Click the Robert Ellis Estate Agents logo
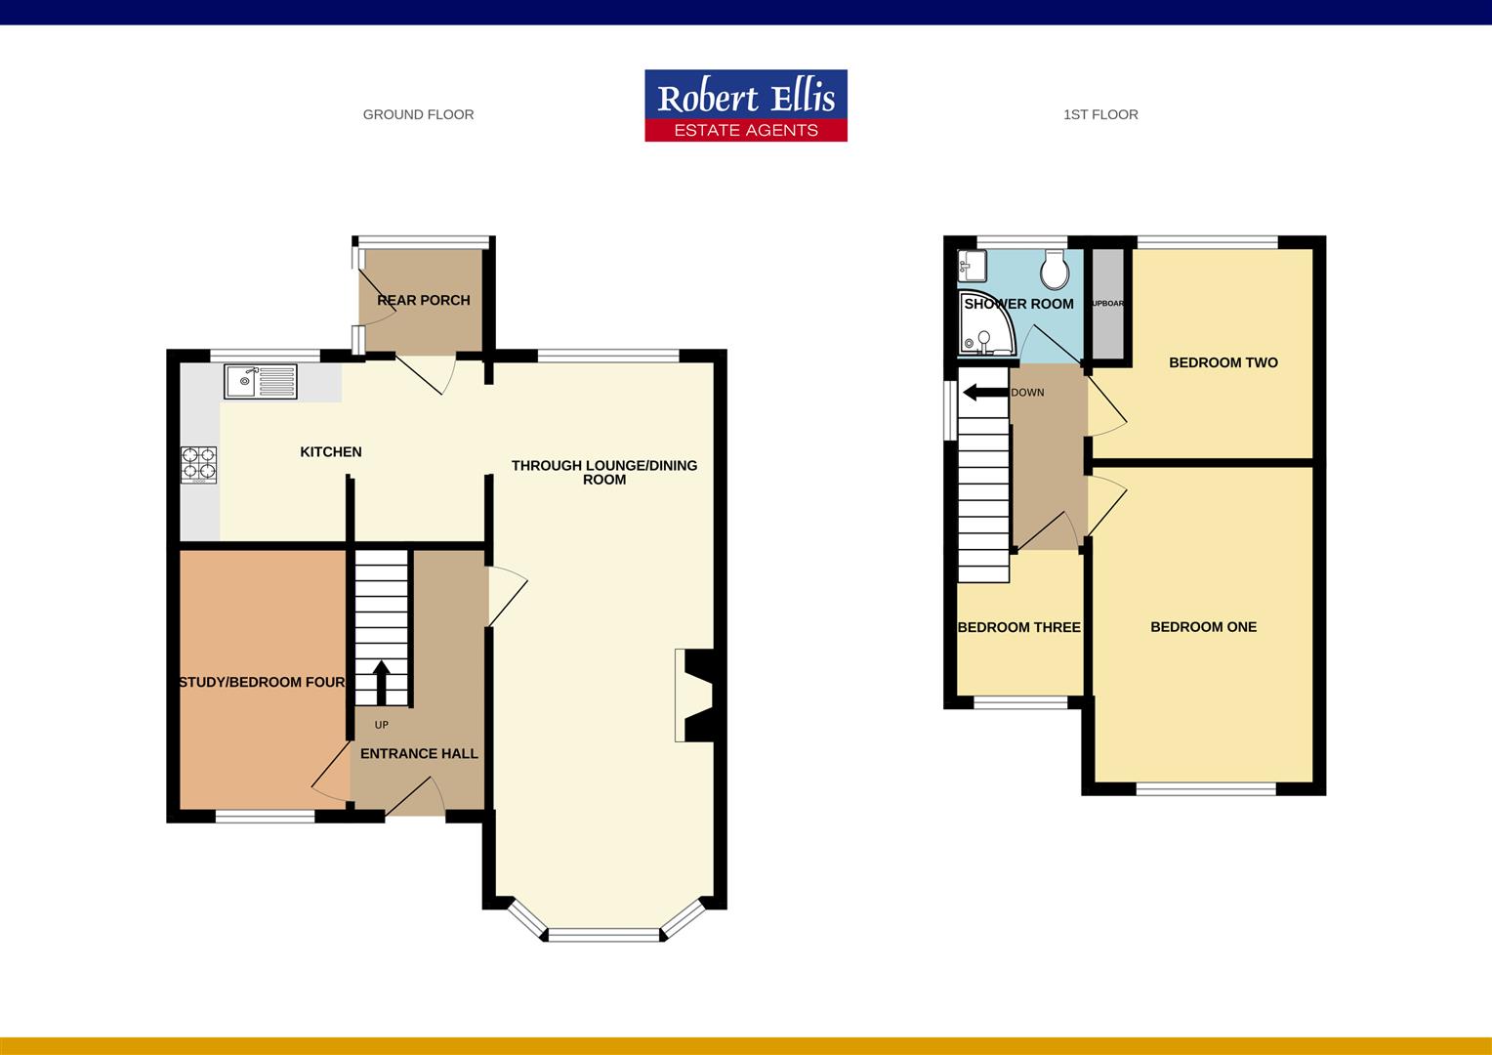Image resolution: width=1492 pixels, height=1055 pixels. click(x=745, y=105)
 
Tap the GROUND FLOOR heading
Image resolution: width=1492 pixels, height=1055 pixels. click(x=418, y=114)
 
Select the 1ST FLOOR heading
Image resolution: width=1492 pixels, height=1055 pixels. click(x=1100, y=114)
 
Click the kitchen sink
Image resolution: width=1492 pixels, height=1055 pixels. click(x=260, y=381)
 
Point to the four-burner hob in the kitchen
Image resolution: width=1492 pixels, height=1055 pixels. click(x=199, y=465)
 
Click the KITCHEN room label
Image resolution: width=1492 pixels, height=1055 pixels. click(x=330, y=451)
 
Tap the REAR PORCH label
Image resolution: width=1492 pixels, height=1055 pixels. click(x=423, y=300)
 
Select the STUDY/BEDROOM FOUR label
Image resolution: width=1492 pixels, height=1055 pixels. click(x=262, y=682)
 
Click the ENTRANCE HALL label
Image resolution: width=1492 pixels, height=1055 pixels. click(x=419, y=753)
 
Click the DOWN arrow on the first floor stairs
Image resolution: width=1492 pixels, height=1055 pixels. click(x=984, y=393)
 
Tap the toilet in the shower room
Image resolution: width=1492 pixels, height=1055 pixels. click(x=1054, y=269)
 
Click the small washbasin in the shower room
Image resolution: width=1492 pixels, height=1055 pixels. click(x=973, y=264)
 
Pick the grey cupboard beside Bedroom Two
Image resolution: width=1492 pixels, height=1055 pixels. click(x=1106, y=304)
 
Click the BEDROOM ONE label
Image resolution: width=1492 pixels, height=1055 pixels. click(x=1203, y=627)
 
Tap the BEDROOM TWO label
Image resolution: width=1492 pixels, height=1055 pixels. click(x=1223, y=362)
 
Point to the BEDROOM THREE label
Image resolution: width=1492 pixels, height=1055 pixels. click(x=1018, y=627)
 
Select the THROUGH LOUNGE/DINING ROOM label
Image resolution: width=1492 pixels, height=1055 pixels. click(x=604, y=472)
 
